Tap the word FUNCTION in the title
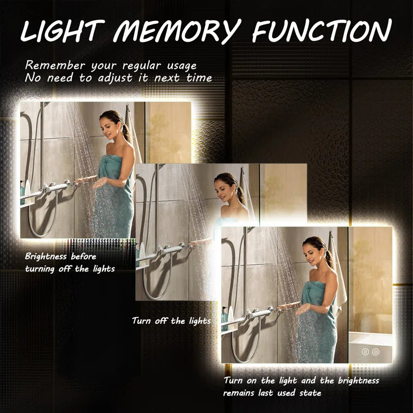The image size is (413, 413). pos(322,30)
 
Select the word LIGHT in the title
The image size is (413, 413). pos(62,31)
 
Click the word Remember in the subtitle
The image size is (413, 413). pos(55,66)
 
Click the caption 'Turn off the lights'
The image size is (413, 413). pos(171,321)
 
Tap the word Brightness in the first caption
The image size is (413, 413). pos(45,256)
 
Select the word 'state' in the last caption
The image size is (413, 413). pos(310,393)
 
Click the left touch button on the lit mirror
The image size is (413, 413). pos(365,352)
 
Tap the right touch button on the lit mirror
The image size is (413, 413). pos(376,352)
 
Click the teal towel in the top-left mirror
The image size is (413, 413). pos(114,197)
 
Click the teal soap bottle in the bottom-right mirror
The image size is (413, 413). pos(225,318)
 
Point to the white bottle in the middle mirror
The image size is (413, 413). pos(142,250)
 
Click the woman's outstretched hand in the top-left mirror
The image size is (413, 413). pos(100,182)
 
